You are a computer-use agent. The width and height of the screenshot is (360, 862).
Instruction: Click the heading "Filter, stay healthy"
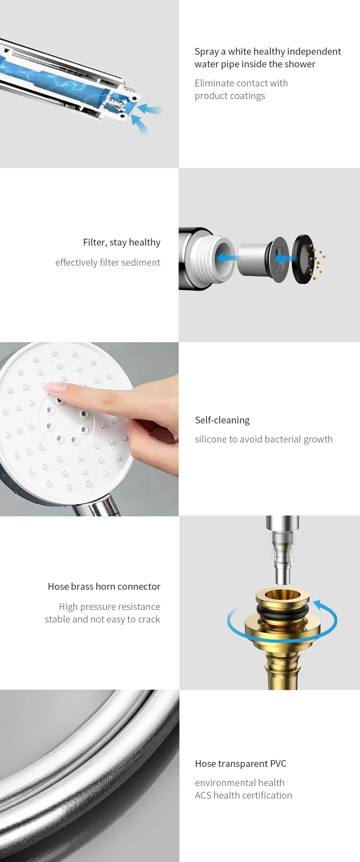[122, 242]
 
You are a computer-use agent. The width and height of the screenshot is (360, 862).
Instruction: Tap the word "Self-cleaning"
[222, 420]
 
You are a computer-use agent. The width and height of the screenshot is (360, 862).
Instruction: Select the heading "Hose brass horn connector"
[104, 587]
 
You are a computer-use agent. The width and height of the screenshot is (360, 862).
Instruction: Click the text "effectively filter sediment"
[108, 262]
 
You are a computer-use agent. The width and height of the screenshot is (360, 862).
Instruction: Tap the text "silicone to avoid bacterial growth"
[264, 439]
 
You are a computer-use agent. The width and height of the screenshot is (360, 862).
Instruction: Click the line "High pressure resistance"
[109, 607]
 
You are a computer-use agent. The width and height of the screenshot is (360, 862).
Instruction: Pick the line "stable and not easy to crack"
[103, 619]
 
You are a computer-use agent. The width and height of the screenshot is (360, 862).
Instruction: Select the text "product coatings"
[230, 96]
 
